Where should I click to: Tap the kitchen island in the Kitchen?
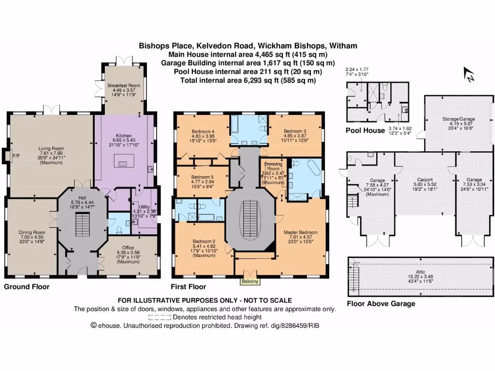pyautogui.click(x=122, y=164)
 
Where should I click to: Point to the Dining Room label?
pyautogui.click(x=32, y=232)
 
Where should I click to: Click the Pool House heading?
pyautogui.click(x=365, y=130)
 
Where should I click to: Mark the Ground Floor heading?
pyautogui.click(x=27, y=286)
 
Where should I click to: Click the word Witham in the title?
pyautogui.click(x=343, y=46)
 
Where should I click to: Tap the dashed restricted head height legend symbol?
pyautogui.click(x=159, y=317)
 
